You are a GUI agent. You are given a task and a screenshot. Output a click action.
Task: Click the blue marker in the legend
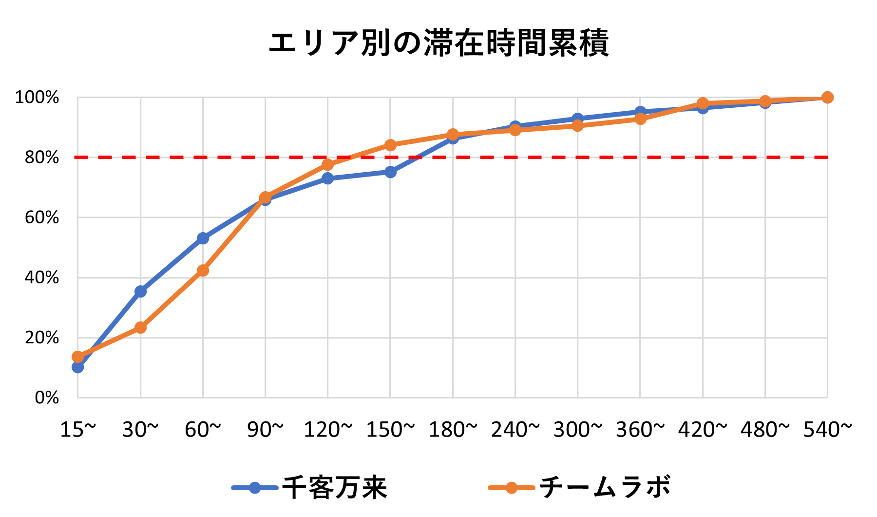[255, 487]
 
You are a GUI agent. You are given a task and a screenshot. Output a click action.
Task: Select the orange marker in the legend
[511, 487]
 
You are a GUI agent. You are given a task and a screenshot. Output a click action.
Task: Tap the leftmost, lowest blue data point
[78, 367]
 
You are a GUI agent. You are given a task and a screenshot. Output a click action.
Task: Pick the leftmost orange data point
[78, 357]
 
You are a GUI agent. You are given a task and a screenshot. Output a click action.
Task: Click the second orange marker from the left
[140, 327]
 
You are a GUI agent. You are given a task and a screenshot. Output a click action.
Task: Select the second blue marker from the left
[140, 292]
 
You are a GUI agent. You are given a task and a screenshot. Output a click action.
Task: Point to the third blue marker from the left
[203, 238]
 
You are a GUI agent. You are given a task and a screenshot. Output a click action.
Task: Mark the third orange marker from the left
[203, 270]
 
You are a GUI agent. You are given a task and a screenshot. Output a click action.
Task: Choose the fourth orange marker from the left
[265, 197]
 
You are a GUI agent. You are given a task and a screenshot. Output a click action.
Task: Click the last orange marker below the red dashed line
[327, 165]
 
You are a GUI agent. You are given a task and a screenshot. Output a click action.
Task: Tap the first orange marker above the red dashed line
[390, 145]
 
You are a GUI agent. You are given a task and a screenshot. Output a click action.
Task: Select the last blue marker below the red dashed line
[390, 172]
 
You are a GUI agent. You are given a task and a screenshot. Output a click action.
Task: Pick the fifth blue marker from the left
[327, 179]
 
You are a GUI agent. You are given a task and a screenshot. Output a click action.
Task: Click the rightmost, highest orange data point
[827, 98]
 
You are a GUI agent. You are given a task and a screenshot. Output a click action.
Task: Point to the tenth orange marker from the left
[640, 119]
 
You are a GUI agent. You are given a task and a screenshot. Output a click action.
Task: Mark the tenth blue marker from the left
[640, 112]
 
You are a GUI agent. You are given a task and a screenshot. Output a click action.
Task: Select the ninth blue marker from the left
[577, 119]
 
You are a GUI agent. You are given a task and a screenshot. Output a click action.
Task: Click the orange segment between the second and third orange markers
[172, 298]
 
